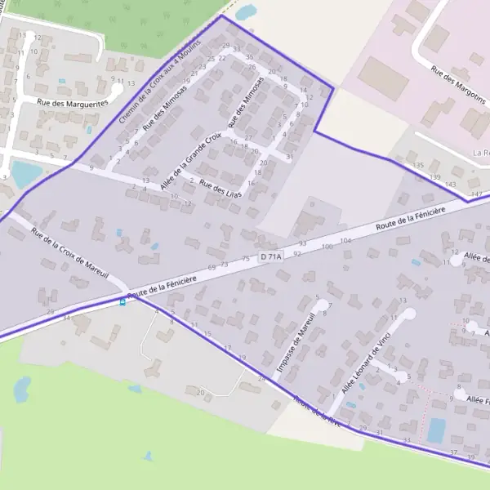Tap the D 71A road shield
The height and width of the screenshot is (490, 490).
coord(270,257)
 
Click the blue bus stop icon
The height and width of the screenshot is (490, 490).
coord(123,301)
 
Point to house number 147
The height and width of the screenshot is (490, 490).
coord(477,194)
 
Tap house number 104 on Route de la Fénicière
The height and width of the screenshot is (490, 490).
coord(345,241)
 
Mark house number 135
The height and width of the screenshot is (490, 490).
coord(418,166)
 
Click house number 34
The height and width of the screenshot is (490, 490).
coord(66,317)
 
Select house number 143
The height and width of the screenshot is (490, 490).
coord(450,185)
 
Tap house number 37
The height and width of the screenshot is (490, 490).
coord(454,452)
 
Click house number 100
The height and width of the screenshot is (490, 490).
coord(327,246)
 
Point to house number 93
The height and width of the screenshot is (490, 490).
coord(302,243)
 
